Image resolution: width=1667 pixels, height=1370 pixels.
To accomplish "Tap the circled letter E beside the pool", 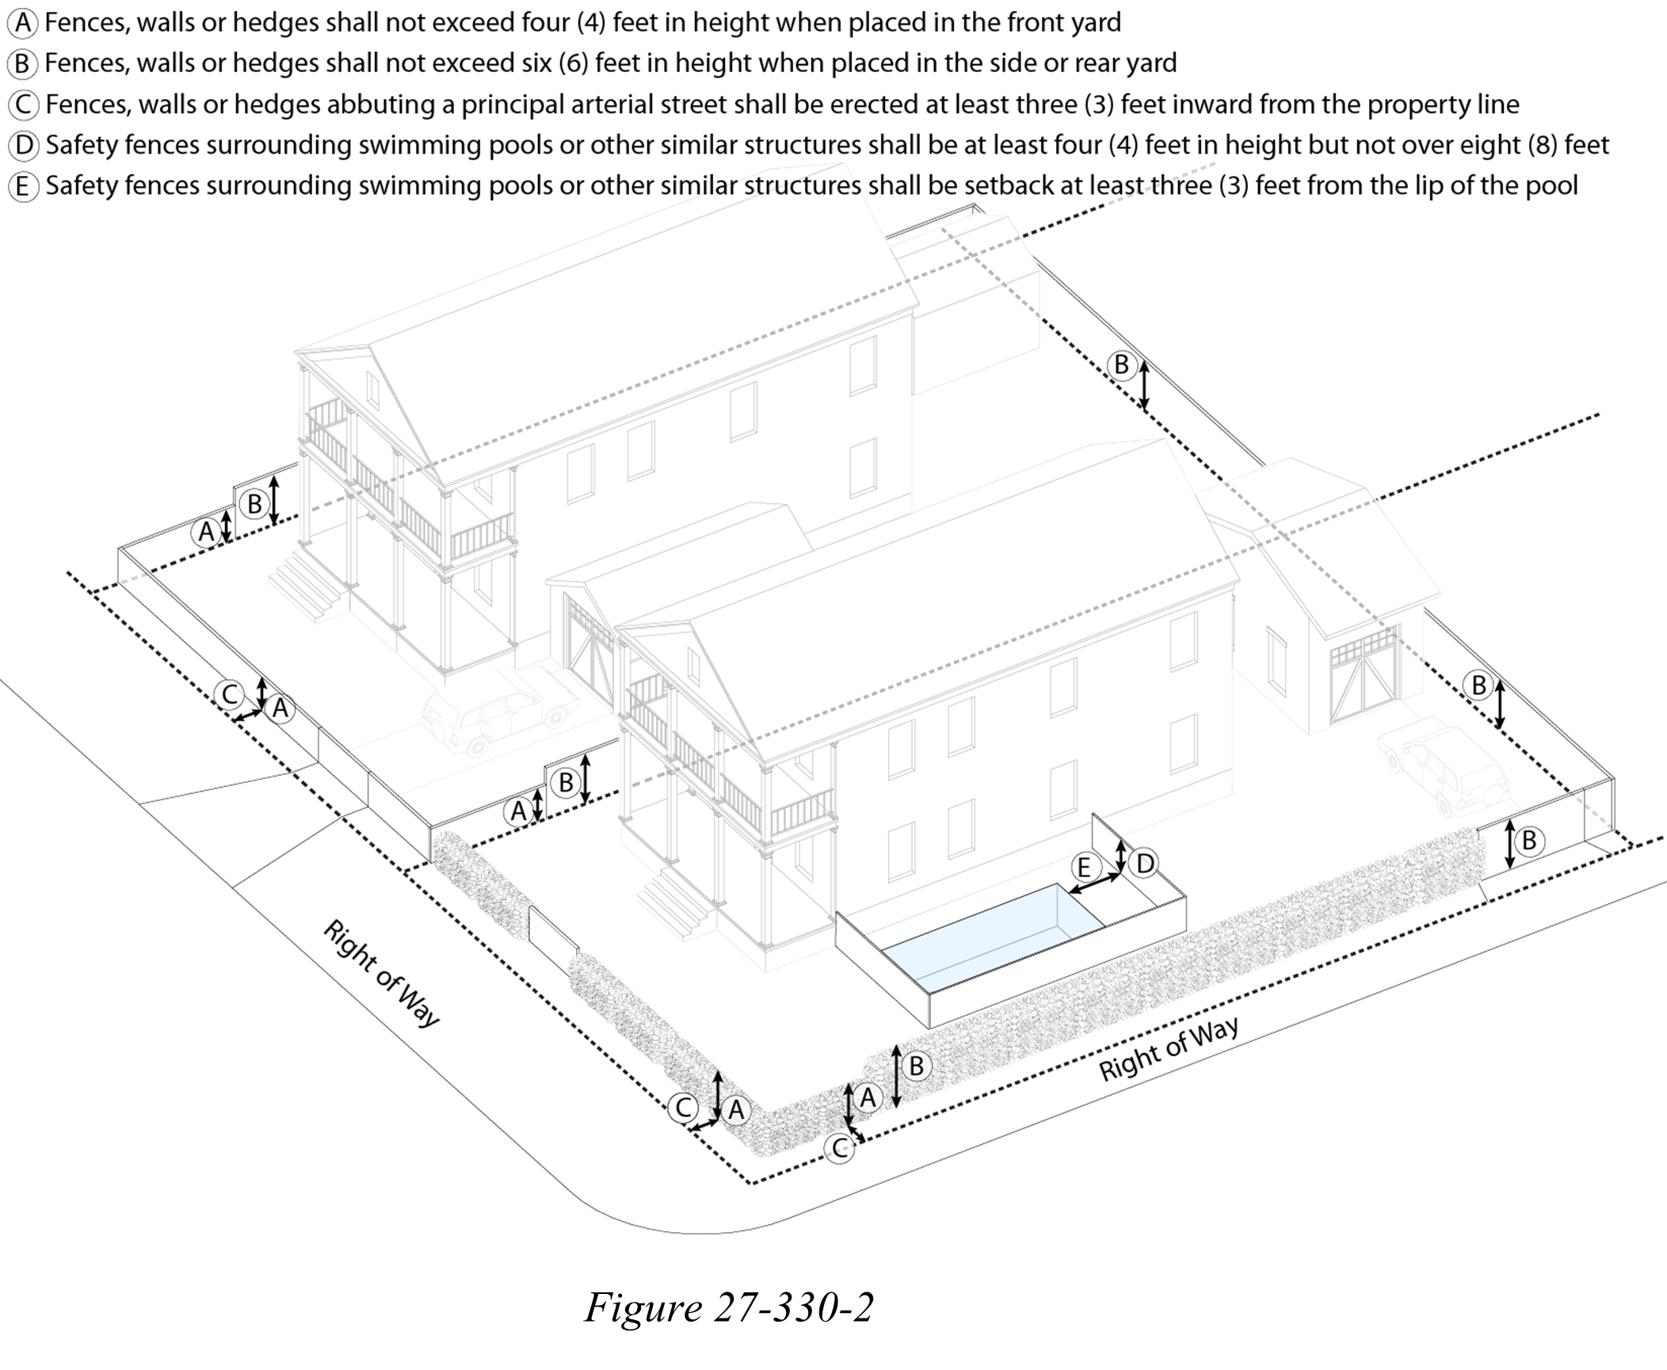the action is pos(1083,867).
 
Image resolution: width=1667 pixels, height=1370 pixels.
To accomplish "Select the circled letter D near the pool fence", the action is pos(1145,863).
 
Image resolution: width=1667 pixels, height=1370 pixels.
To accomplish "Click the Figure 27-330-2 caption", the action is pos(728,1307).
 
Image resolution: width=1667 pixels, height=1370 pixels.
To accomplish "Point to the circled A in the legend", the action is pos(24,23).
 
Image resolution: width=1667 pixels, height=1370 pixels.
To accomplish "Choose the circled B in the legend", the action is pos(24,63).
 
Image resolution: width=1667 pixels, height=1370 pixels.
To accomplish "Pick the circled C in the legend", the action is pos(24,105).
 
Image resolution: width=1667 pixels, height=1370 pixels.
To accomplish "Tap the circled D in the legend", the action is pos(24,145).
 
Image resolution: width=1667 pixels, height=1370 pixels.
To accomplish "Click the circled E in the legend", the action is pos(24,186).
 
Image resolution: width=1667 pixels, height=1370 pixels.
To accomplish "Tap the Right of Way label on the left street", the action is pos(380,974).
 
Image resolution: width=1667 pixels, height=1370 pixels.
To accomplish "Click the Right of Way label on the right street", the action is pos(1168,1049).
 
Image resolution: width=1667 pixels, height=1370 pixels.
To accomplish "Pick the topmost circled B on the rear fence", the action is pos(1121,365).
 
